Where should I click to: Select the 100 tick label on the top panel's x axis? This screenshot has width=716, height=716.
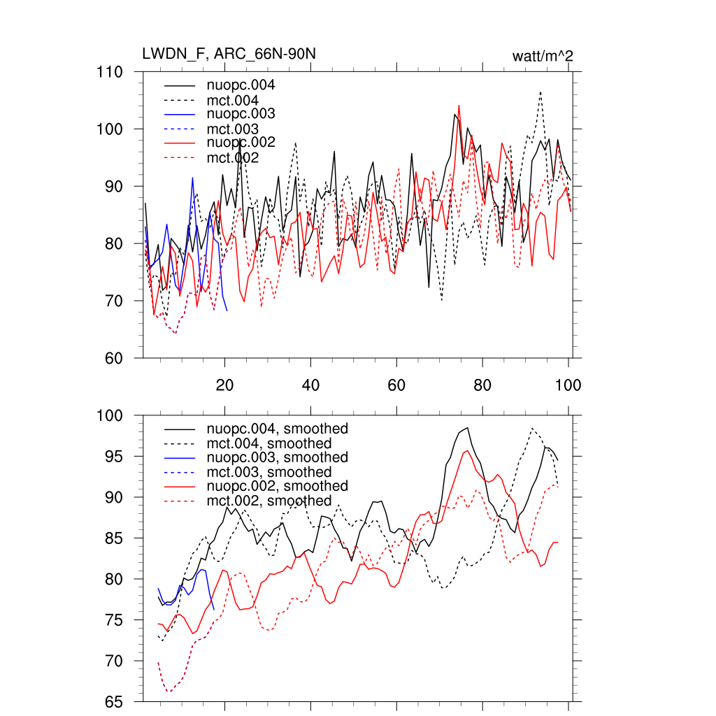pos(568,385)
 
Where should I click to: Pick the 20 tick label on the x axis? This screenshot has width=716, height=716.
pos(224,385)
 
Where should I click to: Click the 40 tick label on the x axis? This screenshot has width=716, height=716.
pos(310,385)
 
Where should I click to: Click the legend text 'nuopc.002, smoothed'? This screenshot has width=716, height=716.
pos(277,486)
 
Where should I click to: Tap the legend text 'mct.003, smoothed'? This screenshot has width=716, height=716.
pos(268,472)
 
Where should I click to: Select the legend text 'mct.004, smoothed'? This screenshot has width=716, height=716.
pos(268,443)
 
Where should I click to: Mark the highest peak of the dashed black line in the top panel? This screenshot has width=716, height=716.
pos(540,92)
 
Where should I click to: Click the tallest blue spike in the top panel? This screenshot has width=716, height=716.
pos(192,178)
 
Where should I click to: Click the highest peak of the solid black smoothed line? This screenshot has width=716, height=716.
pos(466,427)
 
